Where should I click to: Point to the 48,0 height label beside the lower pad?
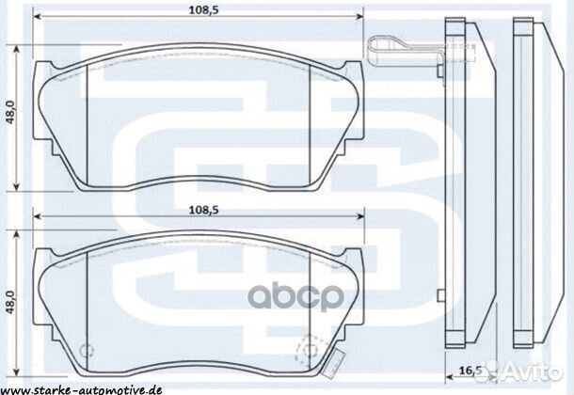coord(12,307)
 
